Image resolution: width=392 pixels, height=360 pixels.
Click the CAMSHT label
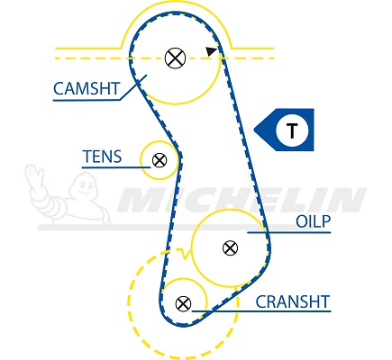87,88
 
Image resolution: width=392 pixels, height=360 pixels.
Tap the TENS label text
102,157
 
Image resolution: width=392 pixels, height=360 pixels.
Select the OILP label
313,221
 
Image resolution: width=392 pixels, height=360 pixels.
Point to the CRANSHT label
293,301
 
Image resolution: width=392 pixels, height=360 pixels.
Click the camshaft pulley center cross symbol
176,58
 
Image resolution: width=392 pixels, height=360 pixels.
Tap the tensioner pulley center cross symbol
160,160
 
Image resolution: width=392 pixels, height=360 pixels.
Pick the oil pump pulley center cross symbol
230,248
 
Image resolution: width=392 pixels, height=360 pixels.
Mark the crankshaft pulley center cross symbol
183,303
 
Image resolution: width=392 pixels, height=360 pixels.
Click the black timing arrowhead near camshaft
211,51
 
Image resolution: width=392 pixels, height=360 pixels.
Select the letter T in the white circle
292,130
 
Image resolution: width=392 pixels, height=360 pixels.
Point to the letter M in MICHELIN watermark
141,200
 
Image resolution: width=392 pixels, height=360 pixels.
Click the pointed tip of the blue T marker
254,130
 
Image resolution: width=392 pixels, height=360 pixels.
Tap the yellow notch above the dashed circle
185,255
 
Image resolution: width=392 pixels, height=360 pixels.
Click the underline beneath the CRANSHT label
261,311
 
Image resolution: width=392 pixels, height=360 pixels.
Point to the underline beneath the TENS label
116,167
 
